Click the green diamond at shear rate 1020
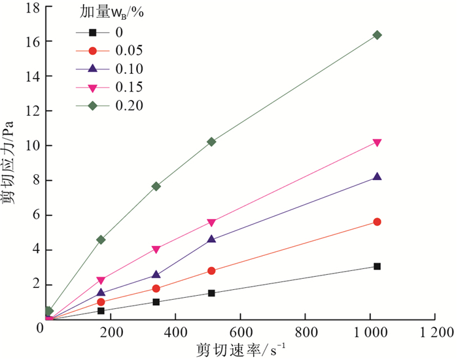(x=377, y=35)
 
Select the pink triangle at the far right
(x=377, y=143)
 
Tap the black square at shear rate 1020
(x=377, y=266)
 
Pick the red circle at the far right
(x=377, y=222)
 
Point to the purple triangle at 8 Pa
(x=377, y=177)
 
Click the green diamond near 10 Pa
(x=211, y=141)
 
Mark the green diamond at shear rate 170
(x=101, y=240)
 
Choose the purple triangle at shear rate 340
(x=156, y=275)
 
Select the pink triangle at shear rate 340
(x=156, y=249)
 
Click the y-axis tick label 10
(x=30, y=145)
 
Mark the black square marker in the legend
(x=92, y=32)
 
